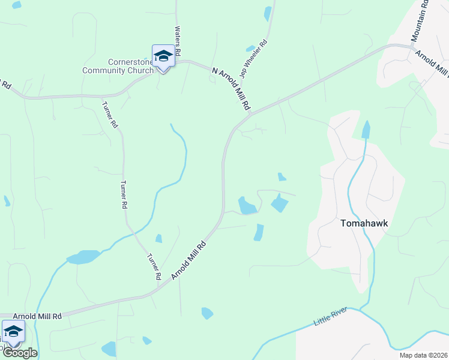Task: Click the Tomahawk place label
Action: click(x=364, y=223)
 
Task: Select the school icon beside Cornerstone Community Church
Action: click(x=163, y=56)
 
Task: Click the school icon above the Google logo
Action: click(x=13, y=331)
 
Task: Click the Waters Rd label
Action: click(x=178, y=38)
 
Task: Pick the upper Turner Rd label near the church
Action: click(x=110, y=115)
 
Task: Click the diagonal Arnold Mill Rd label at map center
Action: click(x=188, y=260)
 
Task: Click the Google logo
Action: click(x=19, y=353)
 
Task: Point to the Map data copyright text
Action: click(x=423, y=355)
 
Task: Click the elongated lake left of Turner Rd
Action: click(x=83, y=257)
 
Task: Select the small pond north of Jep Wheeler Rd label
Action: click(x=268, y=13)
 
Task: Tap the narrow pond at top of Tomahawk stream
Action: click(x=366, y=128)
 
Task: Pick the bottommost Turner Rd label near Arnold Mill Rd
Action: click(x=154, y=267)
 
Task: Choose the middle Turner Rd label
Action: click(x=124, y=194)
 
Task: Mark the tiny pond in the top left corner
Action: click(x=16, y=5)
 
